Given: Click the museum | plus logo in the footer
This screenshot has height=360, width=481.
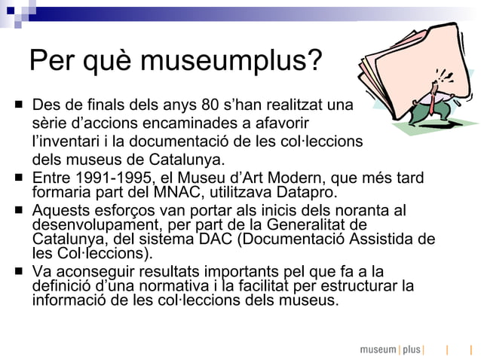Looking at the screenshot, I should point(391,349).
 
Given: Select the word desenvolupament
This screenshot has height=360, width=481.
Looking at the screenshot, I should point(89,224).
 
